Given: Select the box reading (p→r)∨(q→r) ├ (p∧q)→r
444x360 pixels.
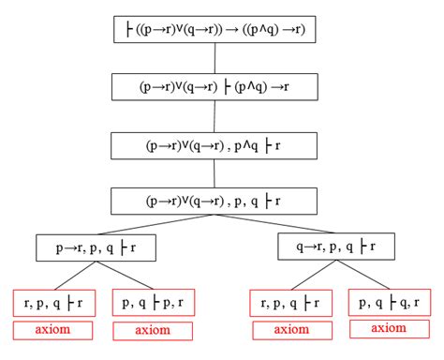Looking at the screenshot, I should [x=215, y=86].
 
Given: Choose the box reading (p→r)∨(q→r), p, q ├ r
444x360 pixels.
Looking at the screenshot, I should [x=215, y=201].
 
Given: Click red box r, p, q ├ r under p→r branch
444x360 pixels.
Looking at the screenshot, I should [x=52, y=302].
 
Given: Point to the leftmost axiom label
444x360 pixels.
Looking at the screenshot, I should [x=52, y=330].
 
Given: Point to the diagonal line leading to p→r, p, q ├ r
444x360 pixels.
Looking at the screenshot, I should [x=155, y=225].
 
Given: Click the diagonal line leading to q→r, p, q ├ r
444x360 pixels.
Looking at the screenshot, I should [x=276, y=225].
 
